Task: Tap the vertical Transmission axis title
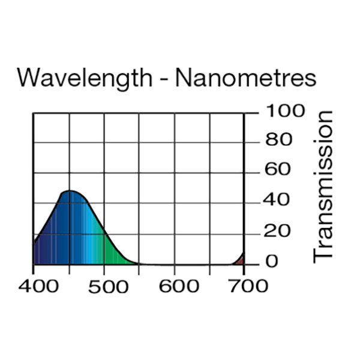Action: click(323, 186)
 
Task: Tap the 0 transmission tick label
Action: click(272, 262)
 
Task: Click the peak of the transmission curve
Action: click(70, 191)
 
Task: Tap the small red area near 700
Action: click(241, 260)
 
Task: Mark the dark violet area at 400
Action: click(39, 252)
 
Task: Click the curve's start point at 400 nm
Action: click(34, 242)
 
